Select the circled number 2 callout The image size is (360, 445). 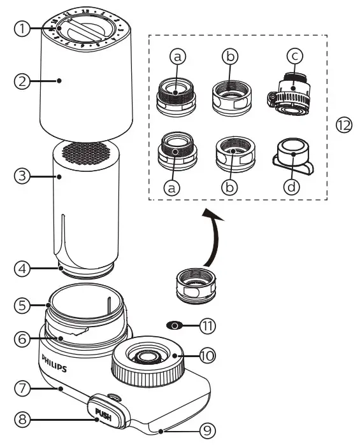click(22, 81)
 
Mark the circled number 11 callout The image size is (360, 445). click(208, 325)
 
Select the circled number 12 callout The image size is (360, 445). click(344, 125)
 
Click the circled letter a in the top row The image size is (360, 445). click(179, 57)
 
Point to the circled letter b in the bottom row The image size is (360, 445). click(231, 189)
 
